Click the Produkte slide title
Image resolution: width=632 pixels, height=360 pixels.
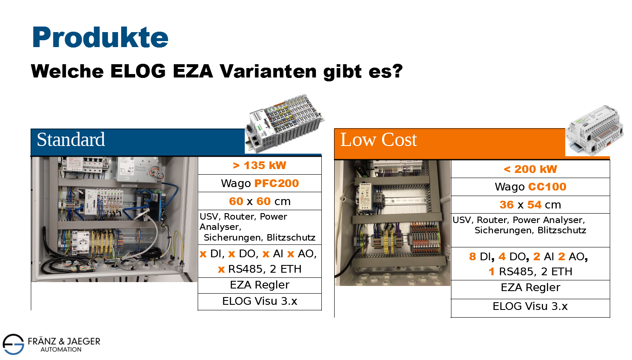(x=100, y=38)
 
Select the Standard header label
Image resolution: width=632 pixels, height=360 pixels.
(x=71, y=140)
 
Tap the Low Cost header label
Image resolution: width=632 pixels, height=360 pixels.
(x=379, y=140)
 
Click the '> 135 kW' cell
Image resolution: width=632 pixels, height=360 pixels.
(x=260, y=166)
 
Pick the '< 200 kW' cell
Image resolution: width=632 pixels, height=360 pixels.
(x=531, y=169)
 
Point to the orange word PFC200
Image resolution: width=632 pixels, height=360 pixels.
(x=276, y=184)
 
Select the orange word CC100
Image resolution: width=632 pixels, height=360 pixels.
(x=547, y=187)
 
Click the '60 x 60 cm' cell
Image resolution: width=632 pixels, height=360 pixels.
(x=260, y=201)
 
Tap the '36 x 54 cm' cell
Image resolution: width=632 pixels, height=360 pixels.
(x=531, y=205)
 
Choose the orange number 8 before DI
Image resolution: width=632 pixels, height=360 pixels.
(x=472, y=257)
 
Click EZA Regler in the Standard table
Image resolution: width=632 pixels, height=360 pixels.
(x=260, y=285)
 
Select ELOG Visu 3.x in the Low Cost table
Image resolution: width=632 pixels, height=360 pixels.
(x=531, y=306)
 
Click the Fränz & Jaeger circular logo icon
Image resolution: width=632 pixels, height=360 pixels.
(x=13, y=344)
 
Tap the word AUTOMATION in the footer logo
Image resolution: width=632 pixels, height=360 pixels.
(x=61, y=350)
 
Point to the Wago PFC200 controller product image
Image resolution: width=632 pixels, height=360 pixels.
(x=285, y=123)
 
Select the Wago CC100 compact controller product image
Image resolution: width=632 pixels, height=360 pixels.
(x=594, y=131)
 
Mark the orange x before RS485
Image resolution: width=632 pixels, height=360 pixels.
(x=222, y=269)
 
